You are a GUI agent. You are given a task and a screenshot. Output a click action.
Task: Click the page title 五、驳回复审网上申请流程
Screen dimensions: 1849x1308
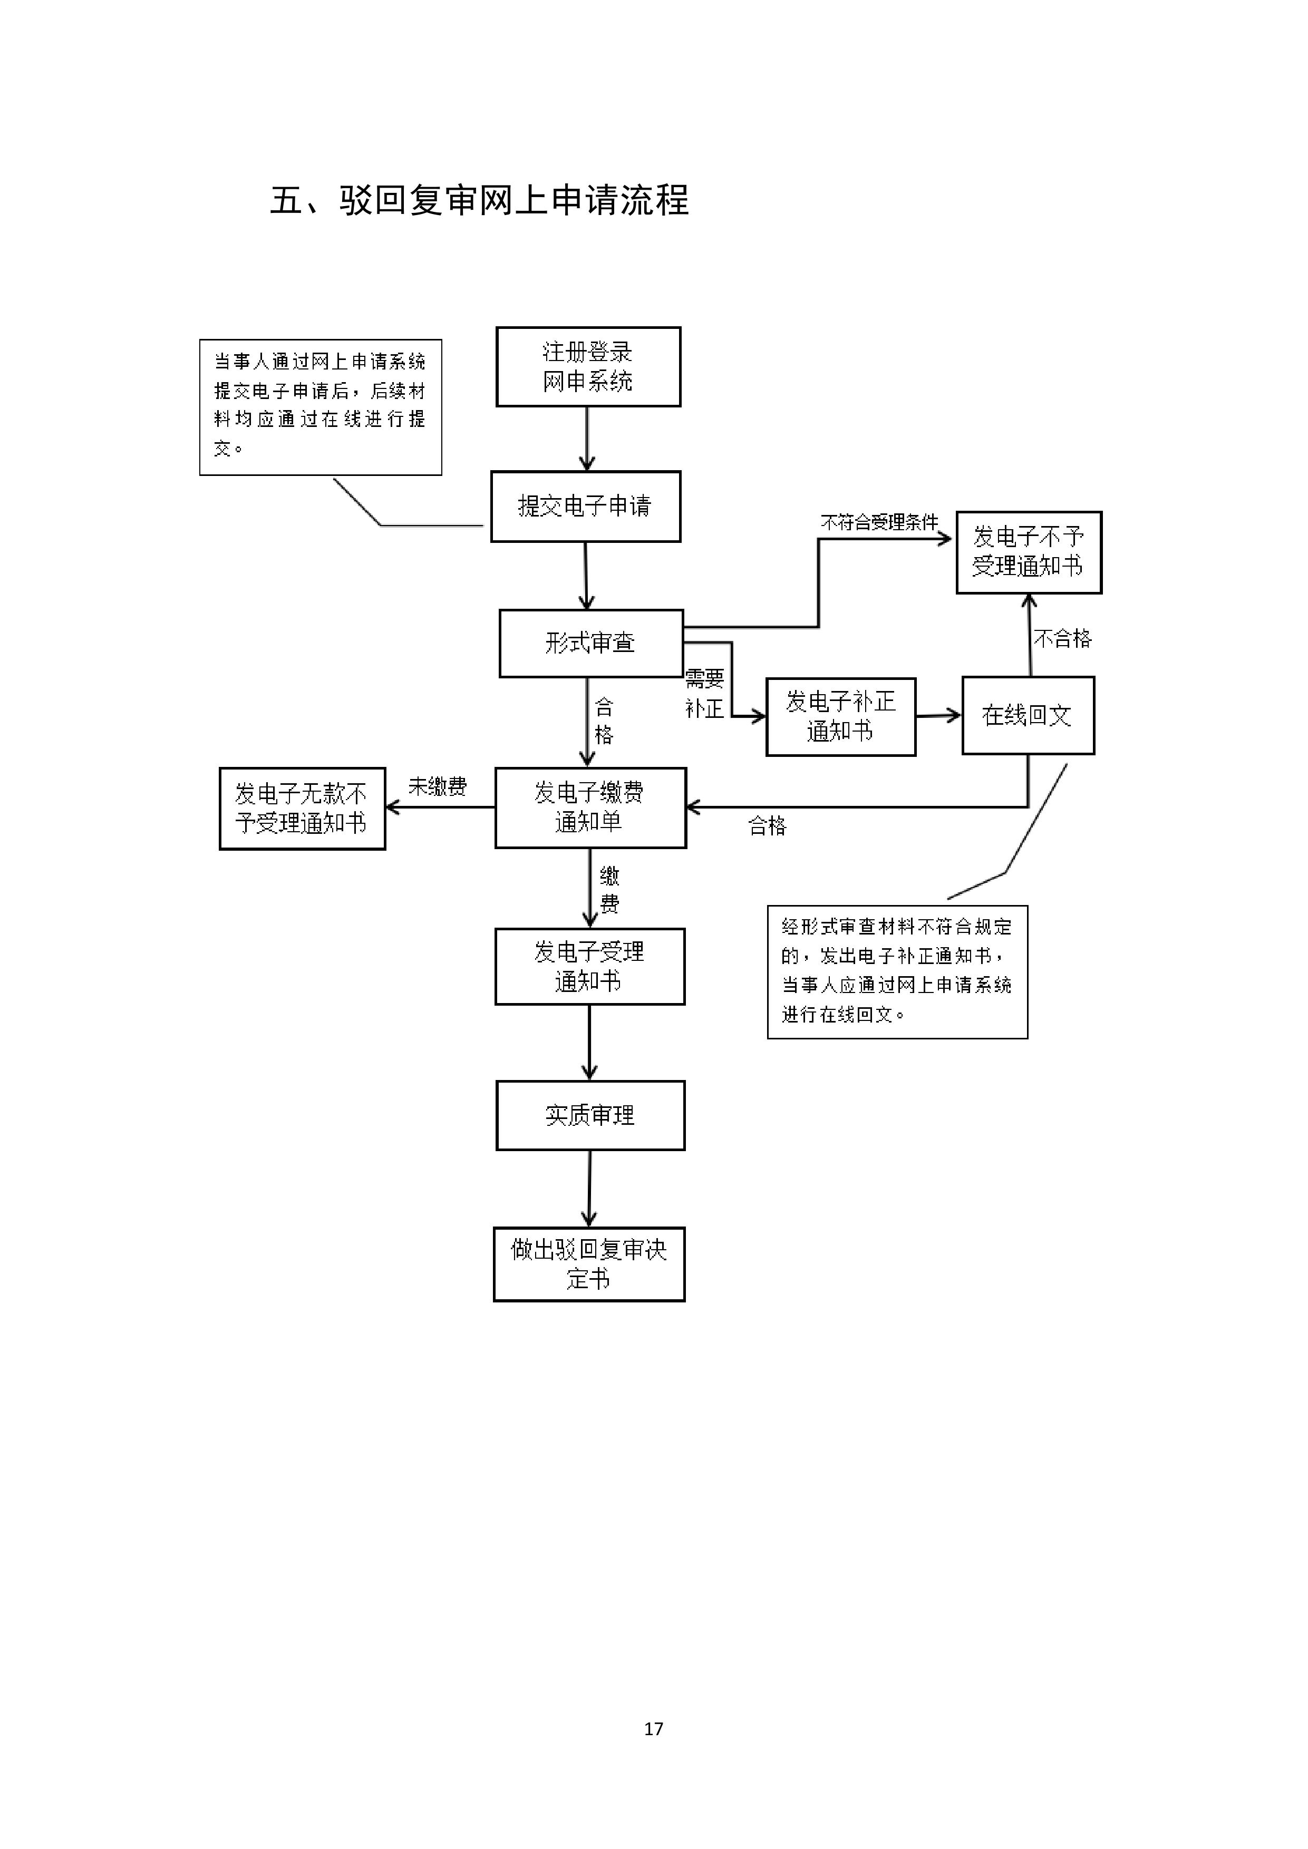coord(479,200)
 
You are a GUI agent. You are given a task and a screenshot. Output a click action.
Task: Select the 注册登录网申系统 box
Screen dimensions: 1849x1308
coord(588,366)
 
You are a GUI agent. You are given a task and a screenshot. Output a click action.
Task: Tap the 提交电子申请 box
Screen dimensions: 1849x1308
coord(586,506)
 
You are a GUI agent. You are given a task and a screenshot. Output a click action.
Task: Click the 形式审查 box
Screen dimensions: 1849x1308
coord(590,643)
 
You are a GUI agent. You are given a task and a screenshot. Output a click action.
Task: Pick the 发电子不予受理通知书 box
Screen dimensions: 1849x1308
coord(1029,552)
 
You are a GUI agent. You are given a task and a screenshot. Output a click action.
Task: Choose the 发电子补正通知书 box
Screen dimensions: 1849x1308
coord(840,716)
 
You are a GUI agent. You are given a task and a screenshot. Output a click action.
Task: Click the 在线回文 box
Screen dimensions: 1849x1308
coord(1028,715)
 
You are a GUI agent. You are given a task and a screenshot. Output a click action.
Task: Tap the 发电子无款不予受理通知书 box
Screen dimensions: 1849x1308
coord(302,807)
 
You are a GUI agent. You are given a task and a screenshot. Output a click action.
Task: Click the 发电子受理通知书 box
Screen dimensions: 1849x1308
coord(589,966)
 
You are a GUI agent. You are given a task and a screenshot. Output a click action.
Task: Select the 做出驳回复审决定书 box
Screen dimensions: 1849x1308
coord(589,1263)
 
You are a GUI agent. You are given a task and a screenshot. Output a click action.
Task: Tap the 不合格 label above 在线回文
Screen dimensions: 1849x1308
coord(1062,639)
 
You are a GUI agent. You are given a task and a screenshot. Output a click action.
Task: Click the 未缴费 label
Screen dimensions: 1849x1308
coord(438,786)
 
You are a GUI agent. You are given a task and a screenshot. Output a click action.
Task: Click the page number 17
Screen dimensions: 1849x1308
coord(653,1728)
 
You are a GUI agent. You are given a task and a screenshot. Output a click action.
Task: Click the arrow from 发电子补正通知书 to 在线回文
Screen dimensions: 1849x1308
coord(938,715)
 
